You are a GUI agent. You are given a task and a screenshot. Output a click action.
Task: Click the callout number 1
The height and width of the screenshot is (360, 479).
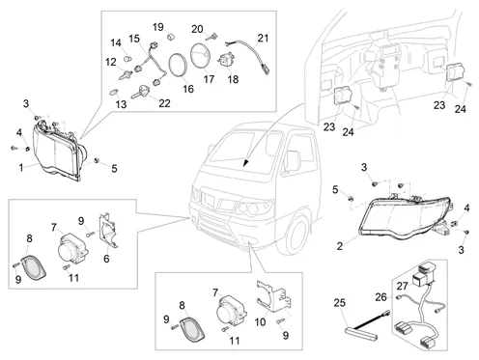[x=21, y=168]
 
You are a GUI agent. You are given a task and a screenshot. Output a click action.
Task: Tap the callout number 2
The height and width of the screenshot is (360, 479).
[x=340, y=246]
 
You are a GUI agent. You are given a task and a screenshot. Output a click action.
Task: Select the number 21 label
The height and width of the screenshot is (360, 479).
[x=263, y=38]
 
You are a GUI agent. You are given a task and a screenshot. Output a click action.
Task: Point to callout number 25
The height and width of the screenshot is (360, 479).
[x=339, y=303]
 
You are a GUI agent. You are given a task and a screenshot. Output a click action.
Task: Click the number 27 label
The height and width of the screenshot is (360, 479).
[x=402, y=286]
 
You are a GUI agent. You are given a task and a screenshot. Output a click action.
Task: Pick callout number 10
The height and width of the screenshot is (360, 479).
[x=260, y=321]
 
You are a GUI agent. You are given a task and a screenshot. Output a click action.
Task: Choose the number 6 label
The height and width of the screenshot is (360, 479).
[x=106, y=259]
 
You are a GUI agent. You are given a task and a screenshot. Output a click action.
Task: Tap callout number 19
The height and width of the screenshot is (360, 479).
[x=158, y=27]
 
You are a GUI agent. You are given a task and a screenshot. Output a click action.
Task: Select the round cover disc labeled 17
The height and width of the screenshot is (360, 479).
[x=201, y=55]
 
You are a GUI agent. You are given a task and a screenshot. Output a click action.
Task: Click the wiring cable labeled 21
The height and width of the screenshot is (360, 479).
[x=258, y=55]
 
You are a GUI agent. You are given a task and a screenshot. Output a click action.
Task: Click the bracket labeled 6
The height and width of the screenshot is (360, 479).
[x=108, y=231]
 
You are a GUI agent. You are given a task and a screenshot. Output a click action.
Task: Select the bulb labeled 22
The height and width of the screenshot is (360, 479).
[x=141, y=92]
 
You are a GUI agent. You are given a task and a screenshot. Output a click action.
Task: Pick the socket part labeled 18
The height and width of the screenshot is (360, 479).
[x=226, y=60]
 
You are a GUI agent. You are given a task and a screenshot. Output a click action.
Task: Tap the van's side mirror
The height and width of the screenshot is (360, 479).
[x=294, y=161]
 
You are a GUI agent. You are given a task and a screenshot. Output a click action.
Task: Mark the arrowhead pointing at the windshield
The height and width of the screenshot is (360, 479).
[x=246, y=162]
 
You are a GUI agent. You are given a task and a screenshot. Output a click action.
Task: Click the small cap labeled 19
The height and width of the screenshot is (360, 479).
[x=172, y=36]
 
